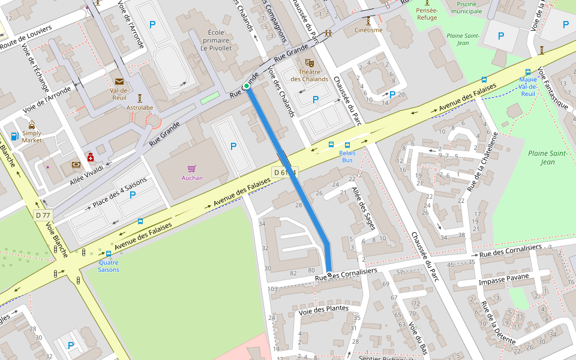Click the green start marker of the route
point(247,86)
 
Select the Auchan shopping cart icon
point(192,169)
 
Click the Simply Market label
point(32,136)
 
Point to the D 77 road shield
point(43,215)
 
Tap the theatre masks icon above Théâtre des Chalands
point(310,62)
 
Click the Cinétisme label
point(368,30)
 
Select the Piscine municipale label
point(466,7)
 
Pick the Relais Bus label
point(347,156)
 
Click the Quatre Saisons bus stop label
point(109,266)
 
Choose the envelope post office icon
point(119,82)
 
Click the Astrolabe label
point(140,107)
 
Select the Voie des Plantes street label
point(323,309)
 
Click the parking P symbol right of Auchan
point(233,146)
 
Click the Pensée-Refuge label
point(427,14)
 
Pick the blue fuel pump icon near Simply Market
point(15,136)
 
